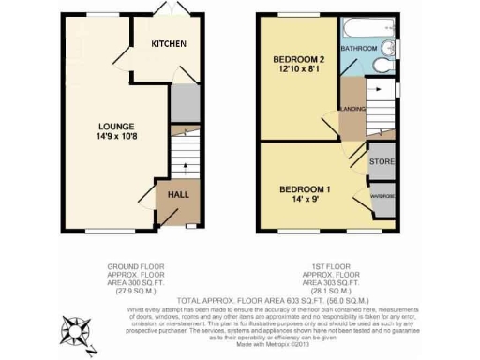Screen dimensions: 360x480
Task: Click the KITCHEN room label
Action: [170, 44]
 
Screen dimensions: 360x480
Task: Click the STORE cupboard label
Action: [381, 161]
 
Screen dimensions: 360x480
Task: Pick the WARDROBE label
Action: [382, 196]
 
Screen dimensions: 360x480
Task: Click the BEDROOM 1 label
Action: [305, 187]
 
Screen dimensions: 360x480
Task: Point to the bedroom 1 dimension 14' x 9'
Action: [305, 199]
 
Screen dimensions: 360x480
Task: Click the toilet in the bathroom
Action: [381, 65]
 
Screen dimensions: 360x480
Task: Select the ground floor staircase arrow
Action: [186, 166]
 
